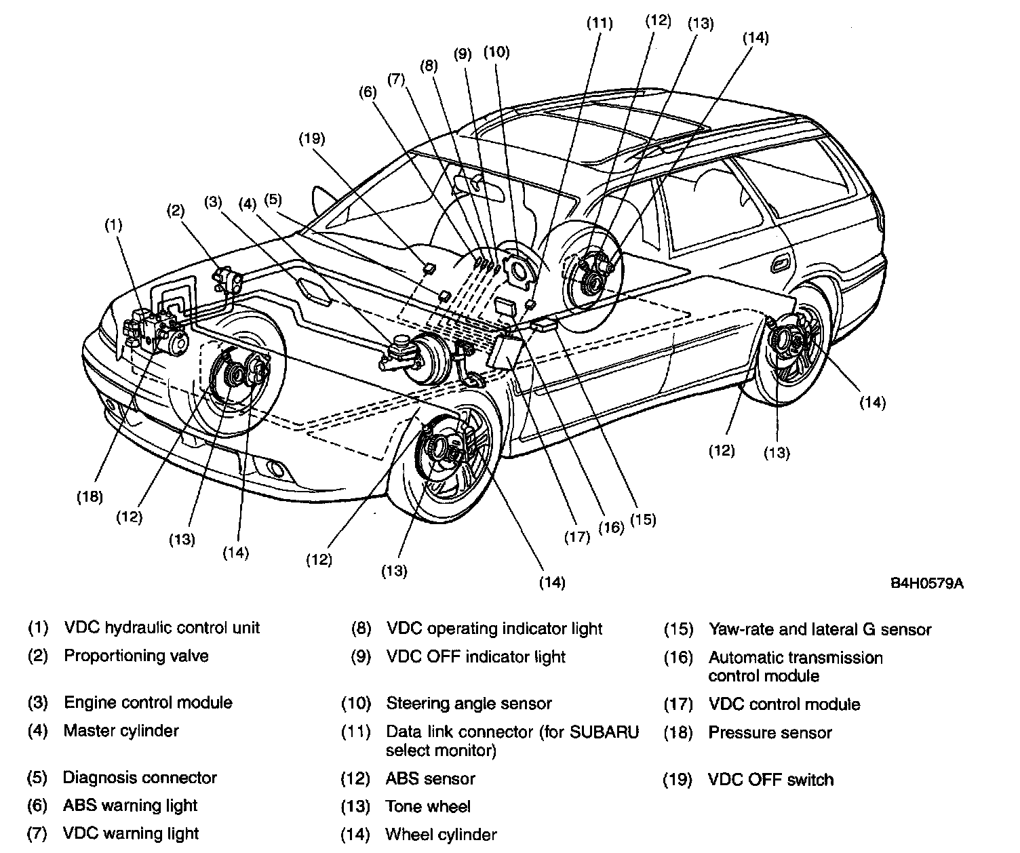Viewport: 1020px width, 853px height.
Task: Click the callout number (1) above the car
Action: (x=113, y=224)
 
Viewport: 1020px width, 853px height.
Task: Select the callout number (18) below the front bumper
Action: (x=89, y=496)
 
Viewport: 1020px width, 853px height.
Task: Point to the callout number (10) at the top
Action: (x=496, y=52)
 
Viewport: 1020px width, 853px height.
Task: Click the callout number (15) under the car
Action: (x=643, y=519)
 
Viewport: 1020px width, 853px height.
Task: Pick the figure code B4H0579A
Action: (x=927, y=583)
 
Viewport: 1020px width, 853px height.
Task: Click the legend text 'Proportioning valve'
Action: (x=136, y=656)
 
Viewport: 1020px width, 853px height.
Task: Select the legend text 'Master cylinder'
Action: (x=121, y=730)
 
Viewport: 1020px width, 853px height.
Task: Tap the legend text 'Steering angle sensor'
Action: (x=469, y=703)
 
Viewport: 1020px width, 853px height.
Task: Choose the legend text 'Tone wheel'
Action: (x=428, y=806)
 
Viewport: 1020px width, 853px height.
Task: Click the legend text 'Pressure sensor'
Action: (x=770, y=732)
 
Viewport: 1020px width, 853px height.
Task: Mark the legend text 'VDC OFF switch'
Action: (x=770, y=780)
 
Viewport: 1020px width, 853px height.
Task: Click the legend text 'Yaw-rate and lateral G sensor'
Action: (x=819, y=629)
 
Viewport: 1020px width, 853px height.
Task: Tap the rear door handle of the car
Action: (x=781, y=262)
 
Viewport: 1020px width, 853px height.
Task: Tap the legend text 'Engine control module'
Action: (x=148, y=702)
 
